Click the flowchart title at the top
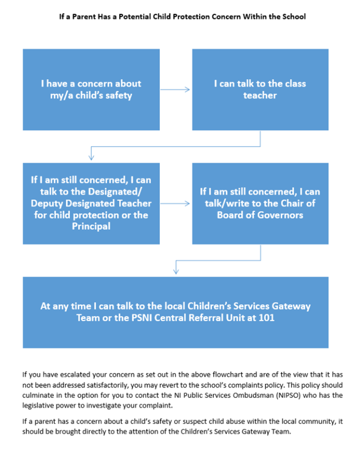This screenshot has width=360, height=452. [183, 17]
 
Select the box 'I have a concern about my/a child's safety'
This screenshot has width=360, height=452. [91, 89]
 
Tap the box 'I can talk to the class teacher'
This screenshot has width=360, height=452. [260, 89]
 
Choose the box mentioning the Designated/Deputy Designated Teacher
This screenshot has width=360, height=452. [91, 203]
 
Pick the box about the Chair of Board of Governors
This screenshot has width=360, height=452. [260, 203]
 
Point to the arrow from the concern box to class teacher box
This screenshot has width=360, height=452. [176, 89]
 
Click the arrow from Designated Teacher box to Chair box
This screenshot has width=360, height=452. [176, 203]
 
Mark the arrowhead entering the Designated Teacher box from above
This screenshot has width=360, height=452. [91, 158]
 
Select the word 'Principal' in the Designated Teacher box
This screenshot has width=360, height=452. [91, 227]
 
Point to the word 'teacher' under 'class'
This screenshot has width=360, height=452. [260, 95]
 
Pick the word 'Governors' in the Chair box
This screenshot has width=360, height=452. [283, 215]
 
